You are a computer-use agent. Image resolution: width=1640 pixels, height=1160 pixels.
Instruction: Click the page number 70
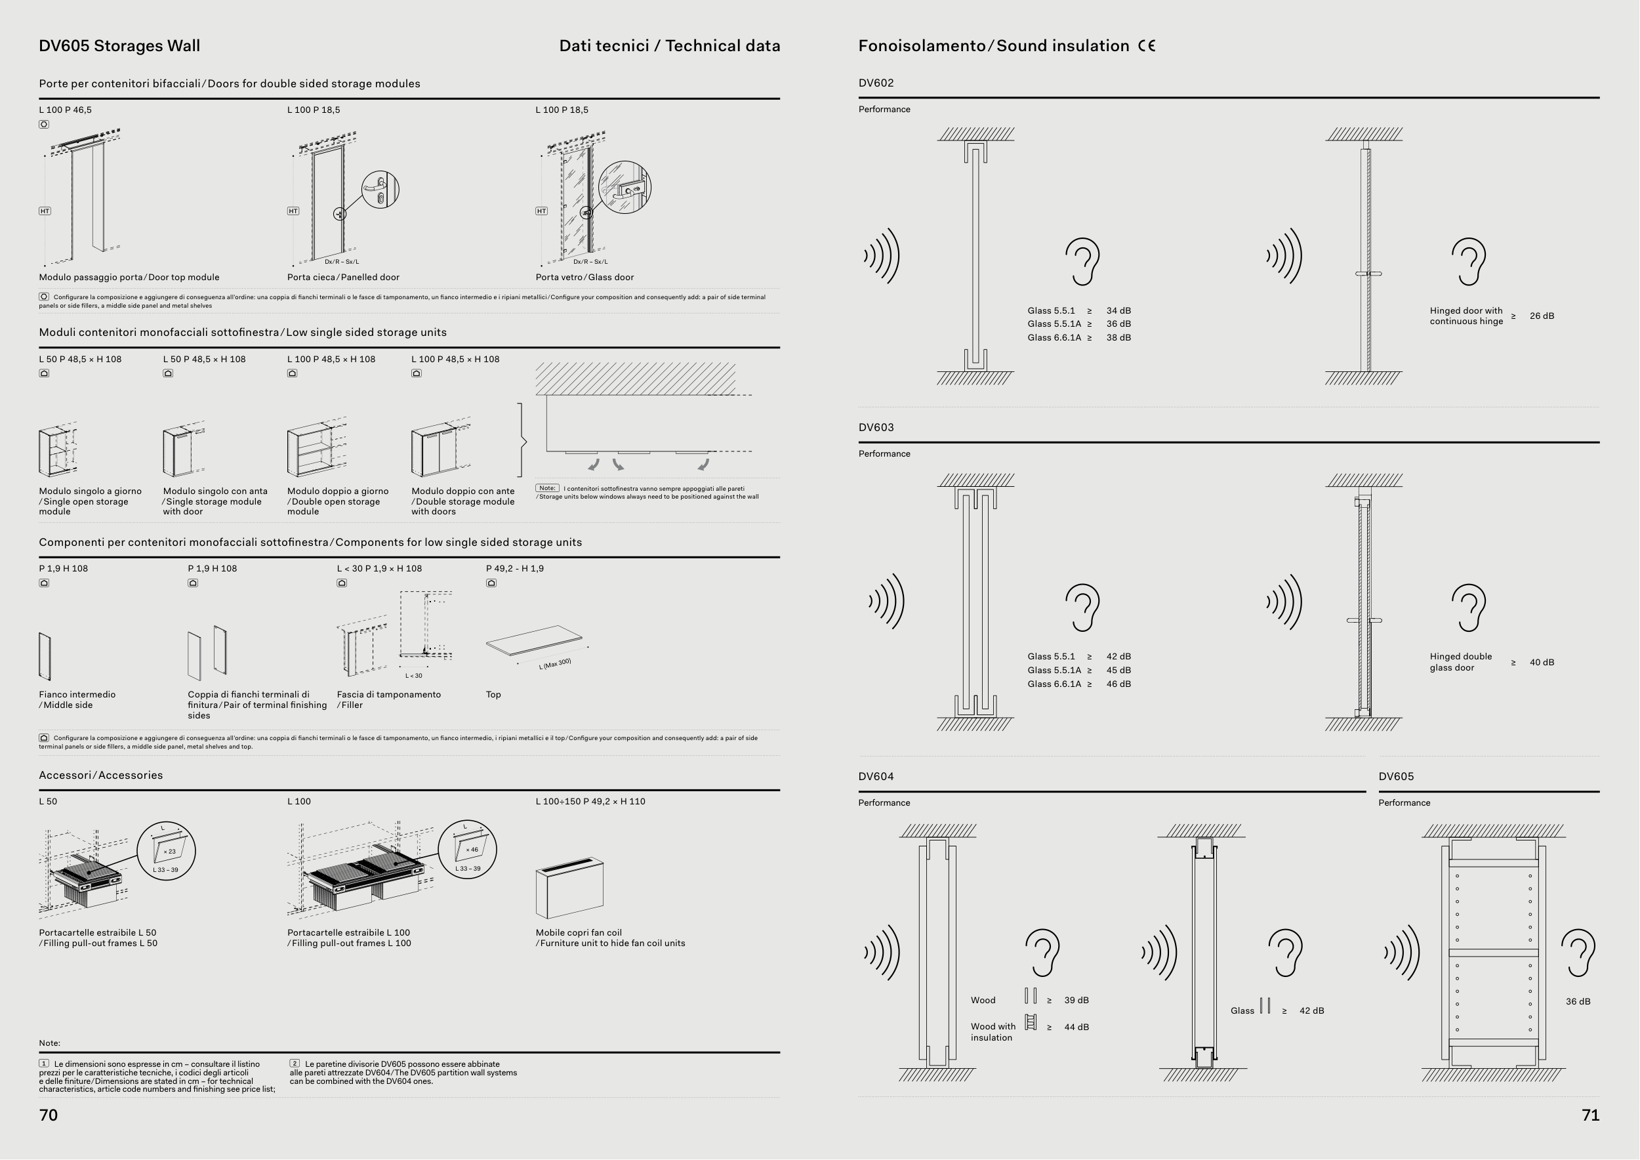pyautogui.click(x=48, y=1115)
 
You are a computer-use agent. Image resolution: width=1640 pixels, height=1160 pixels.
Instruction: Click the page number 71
pyautogui.click(x=1590, y=1115)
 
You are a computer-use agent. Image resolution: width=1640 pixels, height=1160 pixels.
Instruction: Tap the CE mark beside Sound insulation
pyautogui.click(x=1147, y=46)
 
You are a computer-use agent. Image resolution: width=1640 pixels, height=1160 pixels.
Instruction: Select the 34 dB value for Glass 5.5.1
pyautogui.click(x=1118, y=311)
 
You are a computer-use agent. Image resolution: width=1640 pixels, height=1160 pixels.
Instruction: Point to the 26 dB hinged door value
pyautogui.click(x=1542, y=316)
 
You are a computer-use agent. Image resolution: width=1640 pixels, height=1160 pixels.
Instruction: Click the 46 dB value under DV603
pyautogui.click(x=1118, y=684)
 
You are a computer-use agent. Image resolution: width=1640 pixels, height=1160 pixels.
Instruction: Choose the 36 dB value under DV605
pyautogui.click(x=1578, y=1001)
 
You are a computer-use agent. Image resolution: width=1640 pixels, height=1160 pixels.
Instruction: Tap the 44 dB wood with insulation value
pyautogui.click(x=1076, y=1027)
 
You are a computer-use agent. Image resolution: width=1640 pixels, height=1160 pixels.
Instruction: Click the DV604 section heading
pyautogui.click(x=876, y=776)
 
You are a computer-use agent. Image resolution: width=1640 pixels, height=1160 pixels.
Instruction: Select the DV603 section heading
pyautogui.click(x=876, y=427)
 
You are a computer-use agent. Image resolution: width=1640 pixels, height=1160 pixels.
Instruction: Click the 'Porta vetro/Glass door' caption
pyautogui.click(x=584, y=277)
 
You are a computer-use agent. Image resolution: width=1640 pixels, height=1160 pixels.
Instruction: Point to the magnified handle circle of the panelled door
pyautogui.click(x=380, y=189)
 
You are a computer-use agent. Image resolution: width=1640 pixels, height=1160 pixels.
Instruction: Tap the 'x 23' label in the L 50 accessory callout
pyautogui.click(x=169, y=852)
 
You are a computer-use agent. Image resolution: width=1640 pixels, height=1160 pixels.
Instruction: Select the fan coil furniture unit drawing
pyautogui.click(x=569, y=888)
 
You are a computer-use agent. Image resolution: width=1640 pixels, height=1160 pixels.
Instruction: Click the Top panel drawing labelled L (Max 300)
pyautogui.click(x=534, y=642)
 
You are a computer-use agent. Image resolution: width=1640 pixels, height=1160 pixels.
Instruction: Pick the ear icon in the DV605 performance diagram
pyautogui.click(x=1578, y=953)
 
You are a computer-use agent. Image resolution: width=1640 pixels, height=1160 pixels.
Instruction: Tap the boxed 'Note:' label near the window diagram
pyautogui.click(x=547, y=488)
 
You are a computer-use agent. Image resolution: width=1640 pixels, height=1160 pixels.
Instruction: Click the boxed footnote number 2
pyautogui.click(x=295, y=1064)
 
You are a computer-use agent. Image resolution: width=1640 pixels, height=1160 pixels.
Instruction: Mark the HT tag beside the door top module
pyautogui.click(x=45, y=211)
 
